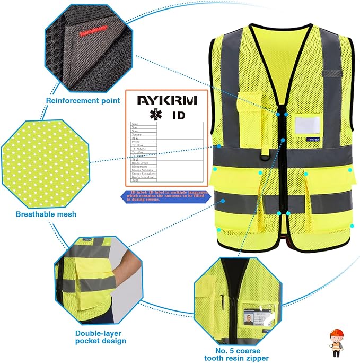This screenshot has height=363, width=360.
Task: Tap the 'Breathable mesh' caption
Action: click(x=46, y=214)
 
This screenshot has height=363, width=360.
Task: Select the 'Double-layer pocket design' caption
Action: click(x=100, y=336)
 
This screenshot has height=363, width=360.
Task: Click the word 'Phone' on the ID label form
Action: click(x=137, y=142)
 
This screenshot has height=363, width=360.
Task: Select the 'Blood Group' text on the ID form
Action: click(x=140, y=162)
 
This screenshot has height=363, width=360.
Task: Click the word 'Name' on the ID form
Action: click(x=136, y=124)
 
